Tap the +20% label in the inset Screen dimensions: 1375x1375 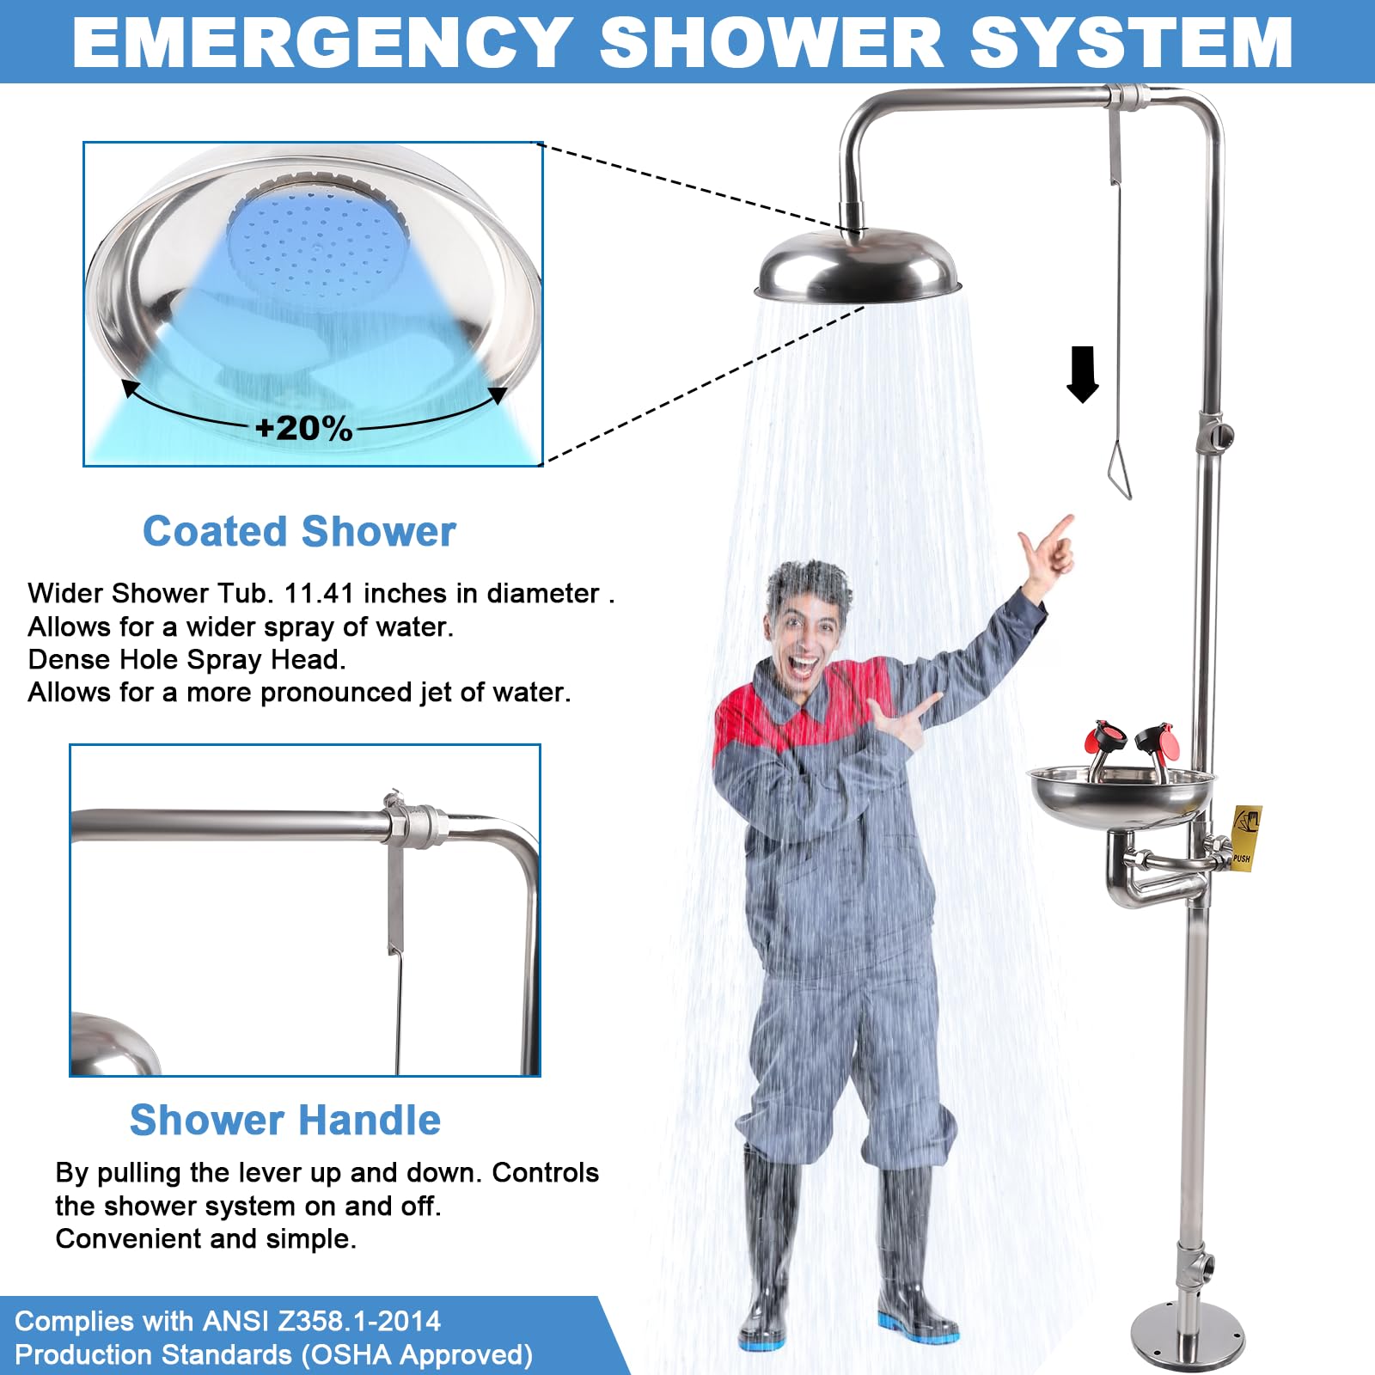304,428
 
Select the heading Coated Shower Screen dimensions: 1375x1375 299,531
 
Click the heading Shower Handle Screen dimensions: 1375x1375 284,1120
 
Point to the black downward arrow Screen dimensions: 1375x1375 1083,374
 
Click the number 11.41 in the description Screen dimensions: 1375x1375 318,593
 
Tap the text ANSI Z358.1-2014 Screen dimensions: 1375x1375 321,1321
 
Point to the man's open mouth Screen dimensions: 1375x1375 804,666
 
